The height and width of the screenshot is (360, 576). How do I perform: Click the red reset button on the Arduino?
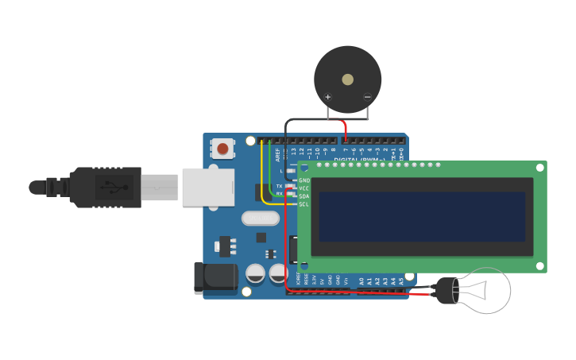tap(223, 149)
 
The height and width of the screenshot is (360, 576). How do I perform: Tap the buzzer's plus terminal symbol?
tap(327, 97)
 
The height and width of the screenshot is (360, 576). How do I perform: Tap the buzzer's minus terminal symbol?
tap(367, 97)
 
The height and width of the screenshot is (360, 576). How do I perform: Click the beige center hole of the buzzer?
tap(347, 79)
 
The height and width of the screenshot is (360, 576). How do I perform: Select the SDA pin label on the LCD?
tap(303, 196)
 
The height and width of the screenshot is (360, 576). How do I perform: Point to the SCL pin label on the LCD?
tap(303, 204)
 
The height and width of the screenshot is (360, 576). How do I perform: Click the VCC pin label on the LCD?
tap(303, 188)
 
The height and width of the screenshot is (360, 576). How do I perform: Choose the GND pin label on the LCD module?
tap(303, 180)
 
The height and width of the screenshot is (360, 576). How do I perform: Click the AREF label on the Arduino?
tap(277, 154)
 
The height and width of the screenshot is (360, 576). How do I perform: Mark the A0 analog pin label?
tap(361, 281)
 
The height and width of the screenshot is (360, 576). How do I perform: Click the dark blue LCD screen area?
tap(422, 216)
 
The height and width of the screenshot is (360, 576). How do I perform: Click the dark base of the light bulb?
tap(447, 291)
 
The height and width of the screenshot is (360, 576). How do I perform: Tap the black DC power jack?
tap(215, 278)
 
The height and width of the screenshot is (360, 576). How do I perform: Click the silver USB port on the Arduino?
tap(208, 188)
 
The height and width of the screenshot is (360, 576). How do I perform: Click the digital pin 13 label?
tap(293, 151)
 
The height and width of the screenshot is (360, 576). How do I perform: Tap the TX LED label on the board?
tap(279, 186)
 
